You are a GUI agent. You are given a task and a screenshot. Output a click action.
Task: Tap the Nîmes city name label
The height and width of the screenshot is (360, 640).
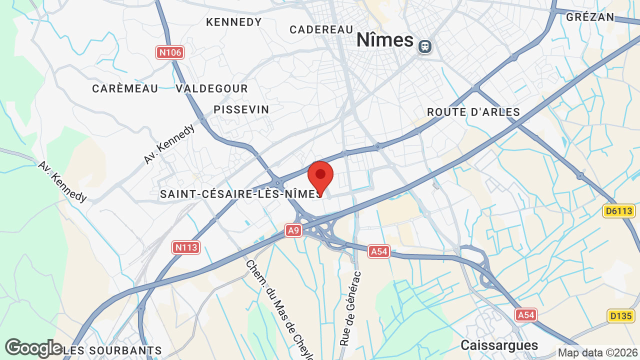385,40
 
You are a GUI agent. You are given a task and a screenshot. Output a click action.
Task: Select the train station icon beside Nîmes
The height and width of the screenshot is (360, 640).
425,46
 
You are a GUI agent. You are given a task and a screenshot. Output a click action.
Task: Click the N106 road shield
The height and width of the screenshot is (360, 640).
170,52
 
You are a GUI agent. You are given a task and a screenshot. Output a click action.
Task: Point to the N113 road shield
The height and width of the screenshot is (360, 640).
186,247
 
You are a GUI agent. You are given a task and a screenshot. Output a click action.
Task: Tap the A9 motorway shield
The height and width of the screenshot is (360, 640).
294,230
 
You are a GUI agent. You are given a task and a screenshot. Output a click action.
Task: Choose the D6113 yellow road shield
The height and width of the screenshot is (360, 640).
618,211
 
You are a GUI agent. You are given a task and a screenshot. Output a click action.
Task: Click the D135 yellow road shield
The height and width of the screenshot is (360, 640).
621,316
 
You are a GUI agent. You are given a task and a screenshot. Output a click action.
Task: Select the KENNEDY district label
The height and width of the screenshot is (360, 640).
234,22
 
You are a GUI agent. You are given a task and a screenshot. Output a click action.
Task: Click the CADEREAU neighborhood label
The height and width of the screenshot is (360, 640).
321,29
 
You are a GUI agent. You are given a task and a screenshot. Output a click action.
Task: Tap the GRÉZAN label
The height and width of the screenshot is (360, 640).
590,17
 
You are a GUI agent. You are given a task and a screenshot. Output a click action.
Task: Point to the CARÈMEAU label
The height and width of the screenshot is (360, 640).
125,88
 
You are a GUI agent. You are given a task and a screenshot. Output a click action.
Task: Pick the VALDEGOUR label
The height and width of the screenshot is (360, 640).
211,88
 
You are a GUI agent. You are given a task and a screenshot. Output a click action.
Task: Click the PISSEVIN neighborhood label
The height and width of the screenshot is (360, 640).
241,109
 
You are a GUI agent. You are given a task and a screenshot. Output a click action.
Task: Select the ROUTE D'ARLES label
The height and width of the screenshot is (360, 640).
473,112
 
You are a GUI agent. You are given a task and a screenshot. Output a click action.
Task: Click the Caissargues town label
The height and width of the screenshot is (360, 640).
499,345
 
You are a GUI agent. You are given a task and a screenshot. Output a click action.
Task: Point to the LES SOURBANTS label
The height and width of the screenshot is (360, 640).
112,350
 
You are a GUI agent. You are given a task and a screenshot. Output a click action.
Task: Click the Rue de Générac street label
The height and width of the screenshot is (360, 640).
350,308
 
